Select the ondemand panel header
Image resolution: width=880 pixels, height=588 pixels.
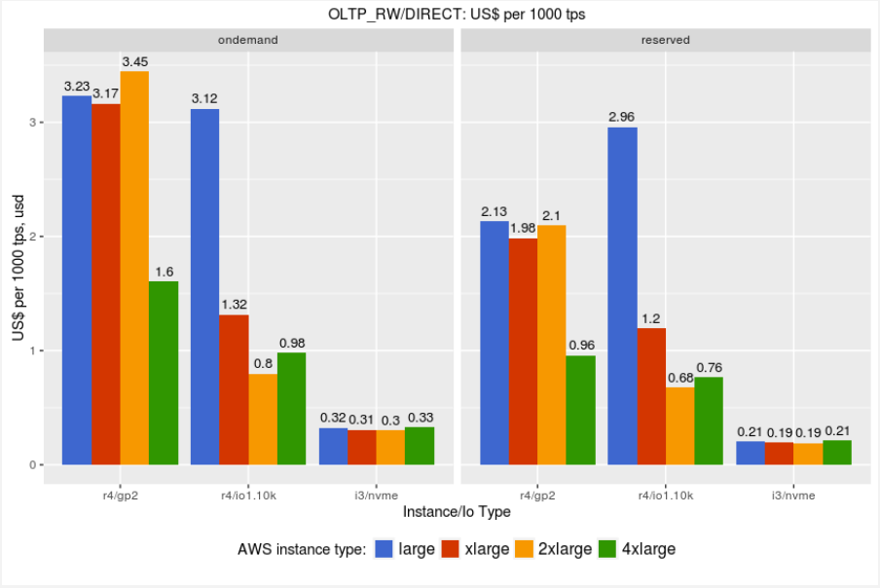248,40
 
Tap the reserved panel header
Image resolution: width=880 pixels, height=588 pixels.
666,40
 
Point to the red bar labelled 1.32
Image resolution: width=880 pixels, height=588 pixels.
234,389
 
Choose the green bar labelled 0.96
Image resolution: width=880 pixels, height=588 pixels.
580,410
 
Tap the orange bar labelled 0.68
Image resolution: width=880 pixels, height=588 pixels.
679,425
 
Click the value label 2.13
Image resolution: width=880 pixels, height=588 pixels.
494,211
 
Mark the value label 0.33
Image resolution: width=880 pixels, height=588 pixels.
421,417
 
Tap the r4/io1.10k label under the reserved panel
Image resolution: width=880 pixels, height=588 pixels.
666,496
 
